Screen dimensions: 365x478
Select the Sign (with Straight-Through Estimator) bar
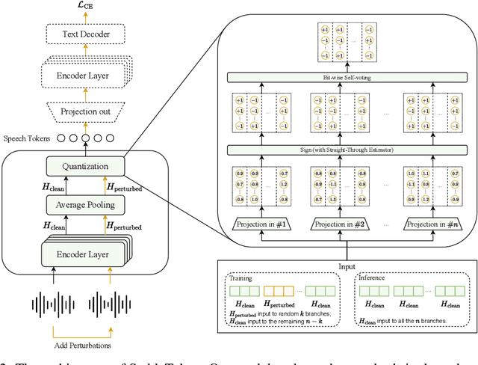346,151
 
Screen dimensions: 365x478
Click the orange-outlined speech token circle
87,139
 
